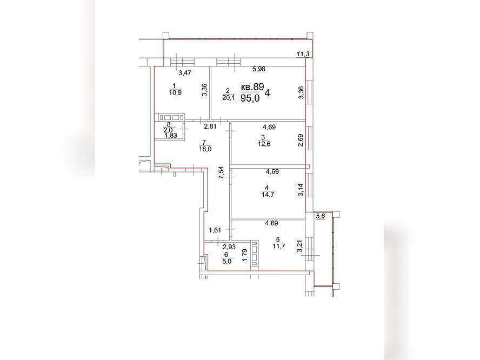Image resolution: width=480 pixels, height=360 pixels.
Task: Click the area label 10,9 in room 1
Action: click(176, 92)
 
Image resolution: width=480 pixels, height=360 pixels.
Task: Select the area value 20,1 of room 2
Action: click(229, 98)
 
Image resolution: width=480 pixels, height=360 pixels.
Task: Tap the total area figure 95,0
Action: click(250, 98)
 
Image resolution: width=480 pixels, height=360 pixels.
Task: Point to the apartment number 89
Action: click(258, 86)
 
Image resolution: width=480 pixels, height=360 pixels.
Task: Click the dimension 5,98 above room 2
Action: click(259, 69)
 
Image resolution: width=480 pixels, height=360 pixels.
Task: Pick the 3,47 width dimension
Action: click(185, 73)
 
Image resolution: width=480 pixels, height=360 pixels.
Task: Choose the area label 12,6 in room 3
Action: click(264, 144)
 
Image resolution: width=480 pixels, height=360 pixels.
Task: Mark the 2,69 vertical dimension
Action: click(301, 140)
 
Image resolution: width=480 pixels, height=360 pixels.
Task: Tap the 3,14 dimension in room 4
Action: click(301, 190)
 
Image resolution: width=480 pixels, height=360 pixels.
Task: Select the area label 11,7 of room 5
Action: click(279, 246)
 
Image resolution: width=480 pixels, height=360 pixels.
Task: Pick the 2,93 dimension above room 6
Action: click(229, 246)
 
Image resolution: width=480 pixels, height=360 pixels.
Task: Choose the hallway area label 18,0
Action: click(205, 149)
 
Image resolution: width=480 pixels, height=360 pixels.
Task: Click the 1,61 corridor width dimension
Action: click(215, 230)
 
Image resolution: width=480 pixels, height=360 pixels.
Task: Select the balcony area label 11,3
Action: click(303, 54)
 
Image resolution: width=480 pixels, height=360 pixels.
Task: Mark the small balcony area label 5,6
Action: click(321, 216)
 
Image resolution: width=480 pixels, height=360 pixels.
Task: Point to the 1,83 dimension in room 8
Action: click(171, 135)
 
